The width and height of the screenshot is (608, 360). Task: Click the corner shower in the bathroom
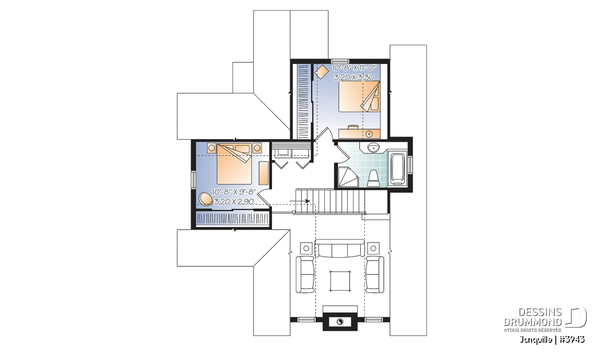pos(349,177)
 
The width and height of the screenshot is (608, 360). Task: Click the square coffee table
pos(340,281)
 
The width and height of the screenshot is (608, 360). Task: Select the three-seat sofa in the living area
pos(340,248)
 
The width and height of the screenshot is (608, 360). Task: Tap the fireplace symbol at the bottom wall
pos(340,322)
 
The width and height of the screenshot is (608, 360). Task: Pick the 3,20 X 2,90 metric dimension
pos(234,202)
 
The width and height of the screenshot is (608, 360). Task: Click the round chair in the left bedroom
pos(206,199)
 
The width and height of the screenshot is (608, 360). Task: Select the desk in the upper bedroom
pos(359,133)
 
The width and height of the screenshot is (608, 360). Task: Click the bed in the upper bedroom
pos(359,96)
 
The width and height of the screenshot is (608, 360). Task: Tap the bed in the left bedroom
pos(234,164)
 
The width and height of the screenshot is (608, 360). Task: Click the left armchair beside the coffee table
pos(305,274)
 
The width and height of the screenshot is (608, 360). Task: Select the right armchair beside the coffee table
pos(374,274)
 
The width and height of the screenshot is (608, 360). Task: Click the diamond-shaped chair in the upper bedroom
pos(322,71)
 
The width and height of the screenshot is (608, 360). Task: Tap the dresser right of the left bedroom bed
pos(263,173)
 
